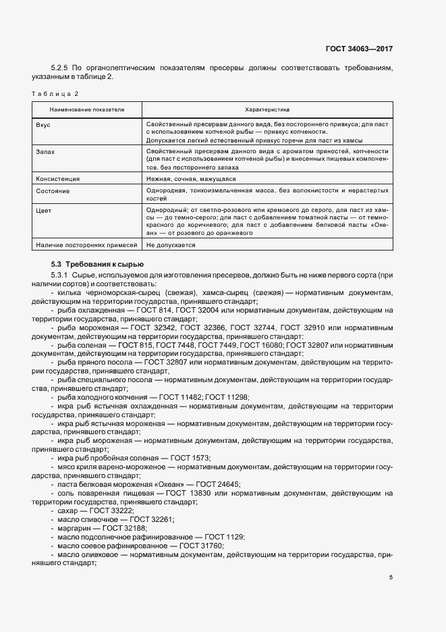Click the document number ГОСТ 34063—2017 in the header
point(360,49)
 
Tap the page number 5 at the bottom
point(391,577)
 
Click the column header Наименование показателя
point(87,109)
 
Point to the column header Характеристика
point(267,109)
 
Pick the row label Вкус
point(43,126)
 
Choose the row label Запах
point(45,152)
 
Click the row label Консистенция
point(57,179)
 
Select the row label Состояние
point(52,191)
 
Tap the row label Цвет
point(43,211)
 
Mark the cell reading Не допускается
point(171,245)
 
